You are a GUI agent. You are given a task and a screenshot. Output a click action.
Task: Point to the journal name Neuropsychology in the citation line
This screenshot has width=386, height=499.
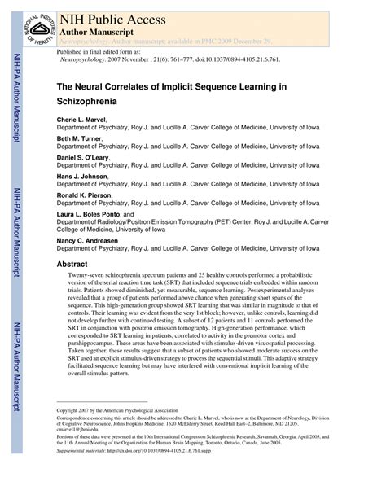[85, 61]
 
